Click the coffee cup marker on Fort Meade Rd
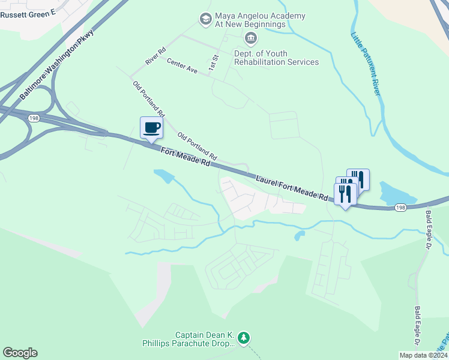click(x=151, y=128)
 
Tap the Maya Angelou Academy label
click(x=260, y=20)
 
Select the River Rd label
click(x=155, y=57)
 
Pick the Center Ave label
click(x=182, y=66)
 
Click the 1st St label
click(x=212, y=62)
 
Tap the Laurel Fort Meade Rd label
click(x=292, y=187)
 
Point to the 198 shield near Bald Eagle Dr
click(x=401, y=207)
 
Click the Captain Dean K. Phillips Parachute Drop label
click(x=204, y=339)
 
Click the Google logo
click(x=20, y=353)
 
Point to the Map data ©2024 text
click(x=423, y=355)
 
